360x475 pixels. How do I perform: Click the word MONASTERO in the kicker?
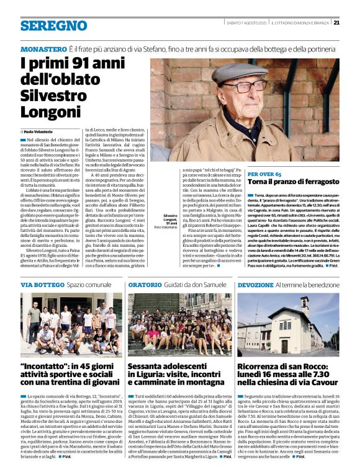click(43, 48)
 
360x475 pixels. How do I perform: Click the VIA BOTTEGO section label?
click(42, 284)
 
